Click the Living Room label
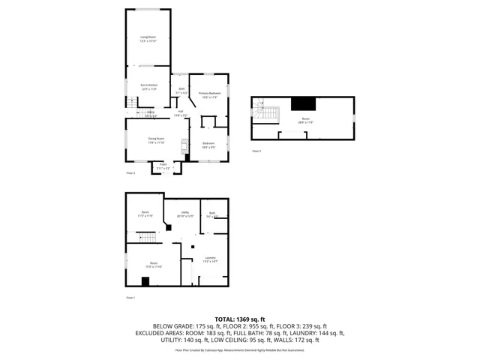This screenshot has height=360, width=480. (x=147, y=39)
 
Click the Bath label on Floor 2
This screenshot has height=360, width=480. (x=181, y=91)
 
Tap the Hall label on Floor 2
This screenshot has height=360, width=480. (x=181, y=113)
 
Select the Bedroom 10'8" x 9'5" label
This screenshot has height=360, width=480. (x=208, y=145)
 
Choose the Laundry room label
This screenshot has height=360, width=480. (x=210, y=259)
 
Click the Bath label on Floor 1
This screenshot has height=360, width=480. (x=212, y=215)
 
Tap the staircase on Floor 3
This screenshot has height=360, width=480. (x=266, y=115)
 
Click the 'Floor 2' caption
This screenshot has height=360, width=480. (x=130, y=173)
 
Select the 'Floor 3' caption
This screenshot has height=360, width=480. (x=256, y=151)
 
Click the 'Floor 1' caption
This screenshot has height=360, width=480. (x=130, y=298)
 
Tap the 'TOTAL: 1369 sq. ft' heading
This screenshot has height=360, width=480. (x=239, y=319)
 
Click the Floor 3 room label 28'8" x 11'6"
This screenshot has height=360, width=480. (x=306, y=121)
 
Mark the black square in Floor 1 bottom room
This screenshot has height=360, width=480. (x=146, y=281)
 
